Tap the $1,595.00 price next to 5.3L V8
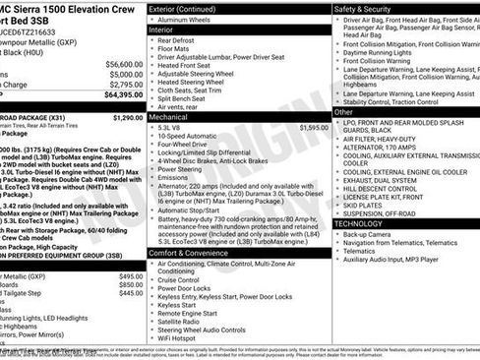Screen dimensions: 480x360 click(x=313, y=127)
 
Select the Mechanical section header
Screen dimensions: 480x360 click(x=168, y=115)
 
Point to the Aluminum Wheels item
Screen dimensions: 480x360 click(x=189, y=20)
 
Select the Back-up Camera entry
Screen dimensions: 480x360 click(x=368, y=235)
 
